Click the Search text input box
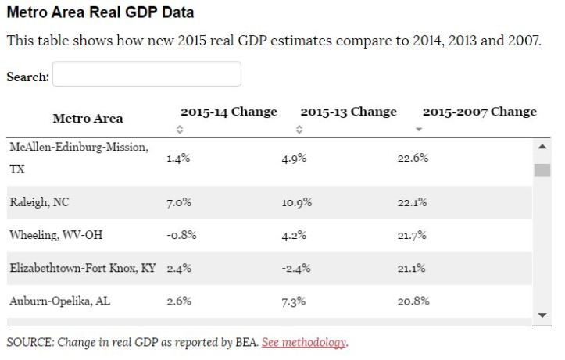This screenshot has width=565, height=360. coord(146,75)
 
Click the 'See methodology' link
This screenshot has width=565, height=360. coord(304,343)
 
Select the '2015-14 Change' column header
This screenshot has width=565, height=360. coord(228,112)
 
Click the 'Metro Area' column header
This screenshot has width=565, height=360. coord(88,119)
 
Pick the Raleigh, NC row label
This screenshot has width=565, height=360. coord(39,202)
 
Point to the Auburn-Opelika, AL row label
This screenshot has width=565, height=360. coord(60,301)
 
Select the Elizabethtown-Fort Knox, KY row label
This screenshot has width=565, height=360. coord(83,268)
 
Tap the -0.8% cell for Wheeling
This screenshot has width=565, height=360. coord(181,235)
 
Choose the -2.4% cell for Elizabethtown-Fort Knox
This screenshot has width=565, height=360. coord(296,269)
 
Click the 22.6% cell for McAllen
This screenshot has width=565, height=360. coord(413,159)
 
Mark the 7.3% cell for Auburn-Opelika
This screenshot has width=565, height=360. coord(293,301)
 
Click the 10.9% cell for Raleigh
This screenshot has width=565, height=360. coord(296,203)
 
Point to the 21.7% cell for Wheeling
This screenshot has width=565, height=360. coord(412,235)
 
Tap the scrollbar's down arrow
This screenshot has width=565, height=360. coord(542,315)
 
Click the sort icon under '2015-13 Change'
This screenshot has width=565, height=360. coord(299,130)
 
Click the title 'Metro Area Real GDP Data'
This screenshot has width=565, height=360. coord(100,13)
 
